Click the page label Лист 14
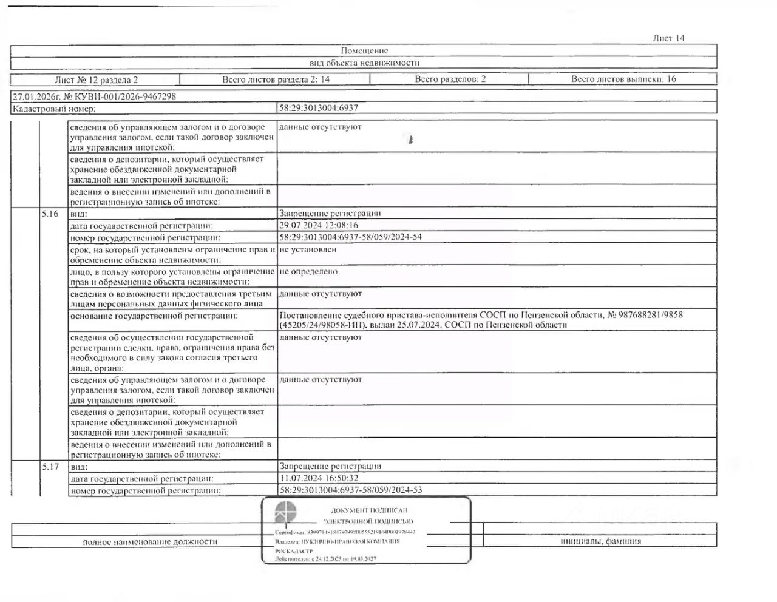[x=668, y=38]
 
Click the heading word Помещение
[x=364, y=51]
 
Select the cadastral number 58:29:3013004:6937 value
[x=319, y=108]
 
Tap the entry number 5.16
[x=50, y=214]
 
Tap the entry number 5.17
[x=50, y=467]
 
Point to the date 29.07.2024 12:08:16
[x=319, y=225]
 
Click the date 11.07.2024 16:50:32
[x=319, y=478]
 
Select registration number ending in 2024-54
[x=350, y=237]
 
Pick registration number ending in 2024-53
[x=350, y=490]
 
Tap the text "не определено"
[x=308, y=271]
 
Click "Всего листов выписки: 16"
[x=623, y=79]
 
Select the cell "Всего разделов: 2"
[x=450, y=79]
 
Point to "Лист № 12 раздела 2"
[x=96, y=79]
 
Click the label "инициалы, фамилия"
[x=600, y=541]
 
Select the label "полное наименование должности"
[x=150, y=541]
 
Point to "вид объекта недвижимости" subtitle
[x=364, y=63]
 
